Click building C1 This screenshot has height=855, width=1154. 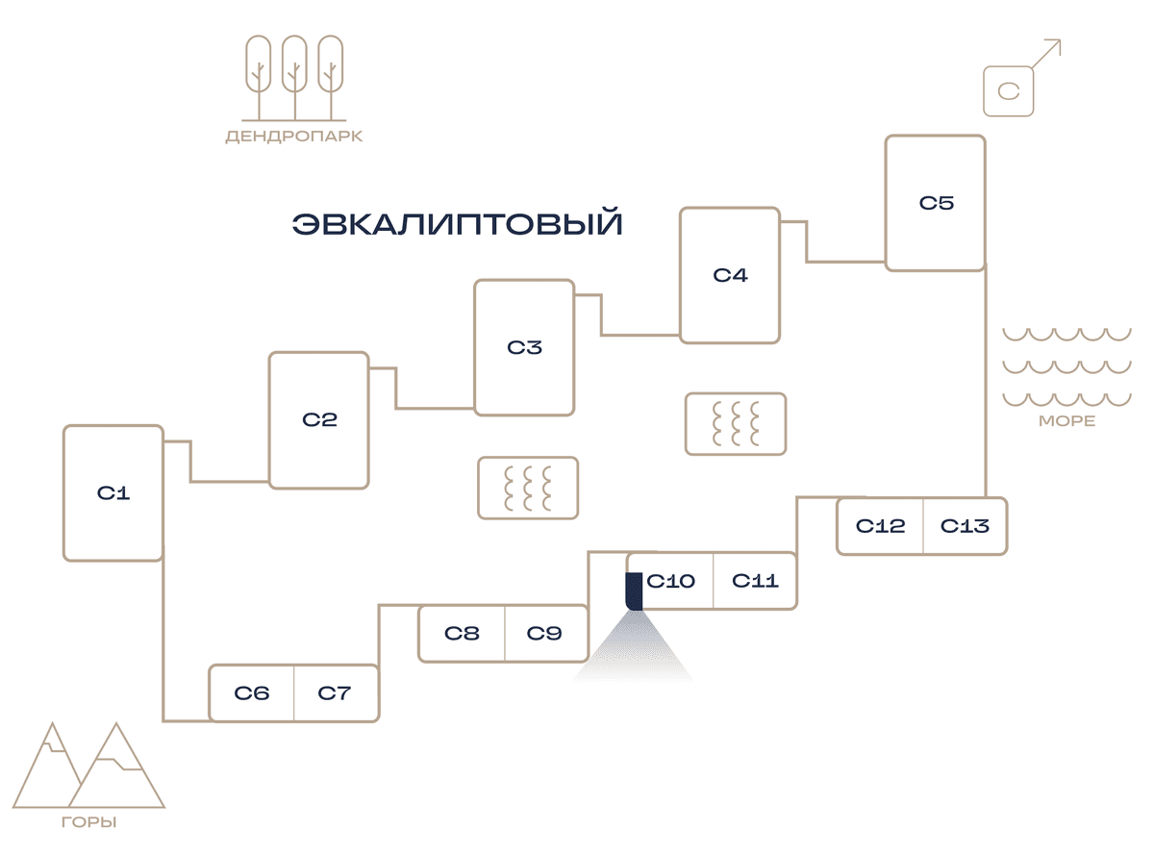pos(113,492)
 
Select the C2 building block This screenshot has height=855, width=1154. pos(318,420)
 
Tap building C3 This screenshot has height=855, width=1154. pos(524,347)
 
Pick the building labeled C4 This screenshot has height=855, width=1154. pos(730,275)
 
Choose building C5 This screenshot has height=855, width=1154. pos(935,203)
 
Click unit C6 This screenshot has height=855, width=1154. pos(252,692)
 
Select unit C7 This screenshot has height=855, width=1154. pos(337,692)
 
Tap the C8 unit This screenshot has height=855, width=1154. pos(462,633)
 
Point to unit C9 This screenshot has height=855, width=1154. pos(546,633)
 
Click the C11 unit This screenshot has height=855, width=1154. pos(755,580)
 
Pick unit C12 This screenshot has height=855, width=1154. pos(880,525)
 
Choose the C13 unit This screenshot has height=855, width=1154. pos(966,525)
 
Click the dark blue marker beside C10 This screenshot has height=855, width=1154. pos(634,591)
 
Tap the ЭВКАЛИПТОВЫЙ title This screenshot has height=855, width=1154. pos(457,223)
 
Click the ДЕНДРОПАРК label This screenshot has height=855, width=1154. pos(294,137)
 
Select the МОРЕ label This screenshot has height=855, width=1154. pos(1066,420)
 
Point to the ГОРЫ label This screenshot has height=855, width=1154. pos(89,821)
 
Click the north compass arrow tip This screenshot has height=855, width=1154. pos(1060,40)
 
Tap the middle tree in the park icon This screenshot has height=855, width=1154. pos(294,78)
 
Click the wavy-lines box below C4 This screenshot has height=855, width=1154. pos(735,423)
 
